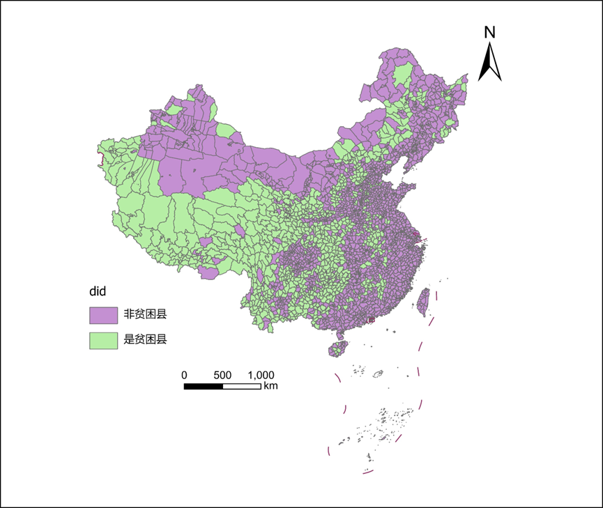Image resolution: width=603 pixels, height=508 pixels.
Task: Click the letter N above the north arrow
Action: tap(490, 32)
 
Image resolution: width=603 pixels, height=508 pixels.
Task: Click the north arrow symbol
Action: tap(490, 62)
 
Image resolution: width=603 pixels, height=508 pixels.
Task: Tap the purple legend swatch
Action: tap(102, 315)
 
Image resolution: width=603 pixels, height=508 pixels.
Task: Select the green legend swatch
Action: tap(102, 340)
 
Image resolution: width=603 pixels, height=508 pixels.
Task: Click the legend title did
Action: tap(96, 290)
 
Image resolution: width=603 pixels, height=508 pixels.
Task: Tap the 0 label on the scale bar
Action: tap(184, 375)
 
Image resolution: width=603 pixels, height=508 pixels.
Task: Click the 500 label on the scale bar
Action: tap(222, 375)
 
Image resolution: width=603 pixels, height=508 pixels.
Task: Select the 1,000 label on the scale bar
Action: tap(261, 375)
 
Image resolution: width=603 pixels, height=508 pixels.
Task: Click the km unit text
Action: tap(270, 385)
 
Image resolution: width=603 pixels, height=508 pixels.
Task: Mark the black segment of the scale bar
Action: tap(203, 385)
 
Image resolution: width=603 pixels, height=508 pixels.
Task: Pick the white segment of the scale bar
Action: tap(241, 385)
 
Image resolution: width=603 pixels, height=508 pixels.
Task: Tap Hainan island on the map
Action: tap(338, 346)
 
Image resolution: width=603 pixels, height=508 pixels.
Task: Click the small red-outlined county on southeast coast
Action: tap(371, 320)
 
